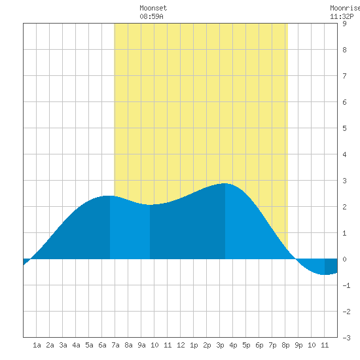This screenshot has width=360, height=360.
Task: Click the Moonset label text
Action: point(153,8)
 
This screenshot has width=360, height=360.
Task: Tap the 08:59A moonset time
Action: point(152,16)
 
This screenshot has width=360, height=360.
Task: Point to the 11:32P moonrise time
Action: point(342,16)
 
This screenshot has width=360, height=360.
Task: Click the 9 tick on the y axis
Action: point(344,24)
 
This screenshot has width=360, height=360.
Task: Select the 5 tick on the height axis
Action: point(344,128)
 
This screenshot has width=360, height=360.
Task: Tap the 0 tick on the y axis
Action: point(344,259)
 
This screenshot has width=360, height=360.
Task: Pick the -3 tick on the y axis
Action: point(346,338)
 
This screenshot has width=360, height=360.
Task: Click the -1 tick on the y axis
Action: point(346,285)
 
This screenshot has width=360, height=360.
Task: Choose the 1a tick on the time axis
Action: point(37,345)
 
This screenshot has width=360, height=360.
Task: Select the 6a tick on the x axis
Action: point(102,345)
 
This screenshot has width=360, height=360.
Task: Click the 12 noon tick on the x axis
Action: point(181,345)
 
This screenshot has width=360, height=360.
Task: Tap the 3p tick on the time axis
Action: point(220,345)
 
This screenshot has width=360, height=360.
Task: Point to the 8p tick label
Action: point(285,345)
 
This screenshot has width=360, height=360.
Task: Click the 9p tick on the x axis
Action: point(298,345)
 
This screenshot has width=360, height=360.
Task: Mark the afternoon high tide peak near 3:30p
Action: point(225,183)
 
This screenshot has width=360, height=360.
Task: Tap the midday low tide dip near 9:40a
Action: point(150,205)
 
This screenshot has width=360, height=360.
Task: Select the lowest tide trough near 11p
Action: point(325,274)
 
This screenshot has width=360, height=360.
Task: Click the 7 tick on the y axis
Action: point(344,76)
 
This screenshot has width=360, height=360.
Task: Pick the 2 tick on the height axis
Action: point(344,207)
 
